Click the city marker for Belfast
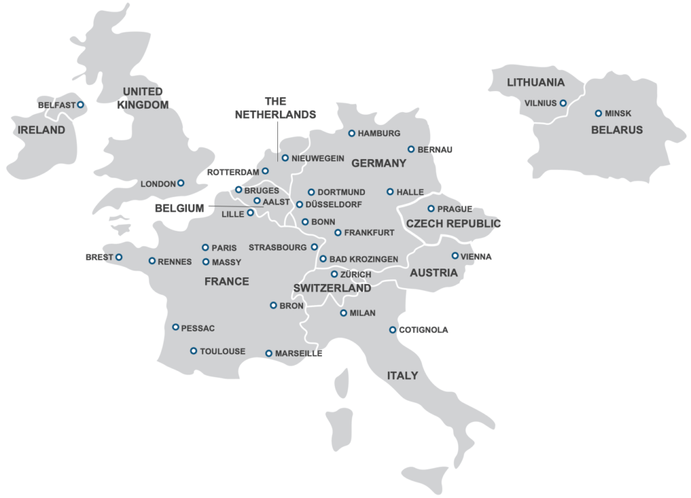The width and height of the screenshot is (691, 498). (80, 105)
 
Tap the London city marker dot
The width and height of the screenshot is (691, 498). (180, 183)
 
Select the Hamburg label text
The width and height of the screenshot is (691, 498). (379, 134)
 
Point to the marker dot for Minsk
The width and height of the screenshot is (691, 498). (598, 113)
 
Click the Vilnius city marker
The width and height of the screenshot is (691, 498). (563, 103)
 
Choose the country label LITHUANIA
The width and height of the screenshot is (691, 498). (536, 83)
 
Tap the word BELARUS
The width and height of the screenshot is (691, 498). (617, 130)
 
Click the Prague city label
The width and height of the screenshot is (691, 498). (455, 209)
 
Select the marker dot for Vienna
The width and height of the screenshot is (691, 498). (455, 256)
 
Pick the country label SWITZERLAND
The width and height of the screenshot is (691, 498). (332, 288)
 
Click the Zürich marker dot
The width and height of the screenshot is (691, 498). (334, 274)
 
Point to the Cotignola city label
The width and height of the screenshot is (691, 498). (423, 330)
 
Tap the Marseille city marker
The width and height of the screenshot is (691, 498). (269, 353)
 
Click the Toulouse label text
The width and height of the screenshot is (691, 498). (223, 352)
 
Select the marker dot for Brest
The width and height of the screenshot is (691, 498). (119, 257)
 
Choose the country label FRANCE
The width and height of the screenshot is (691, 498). (227, 281)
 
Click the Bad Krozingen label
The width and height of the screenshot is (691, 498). (363, 259)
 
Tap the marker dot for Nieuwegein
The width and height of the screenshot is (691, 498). (285, 158)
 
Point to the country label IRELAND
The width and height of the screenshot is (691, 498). (41, 130)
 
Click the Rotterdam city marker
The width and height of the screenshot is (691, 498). (265, 171)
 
